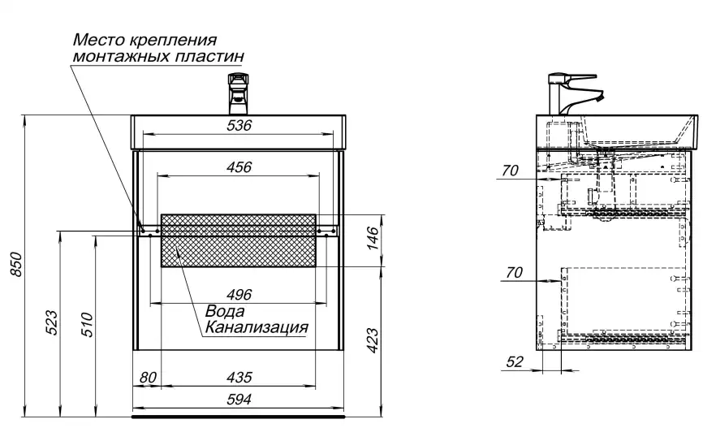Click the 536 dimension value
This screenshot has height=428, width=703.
tap(239, 125)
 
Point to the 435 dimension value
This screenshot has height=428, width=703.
tap(239, 377)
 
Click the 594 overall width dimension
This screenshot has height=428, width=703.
tap(239, 399)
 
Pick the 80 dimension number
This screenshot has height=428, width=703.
tap(148, 377)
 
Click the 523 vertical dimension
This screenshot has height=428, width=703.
tap(50, 322)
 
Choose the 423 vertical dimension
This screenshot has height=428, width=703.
tap(373, 339)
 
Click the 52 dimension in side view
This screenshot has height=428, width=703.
tap(514, 362)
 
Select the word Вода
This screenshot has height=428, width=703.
tap(225, 311)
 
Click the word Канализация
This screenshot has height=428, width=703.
tap(257, 327)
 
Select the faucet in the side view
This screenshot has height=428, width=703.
tap(573, 92)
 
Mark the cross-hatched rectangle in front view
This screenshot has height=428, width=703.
tap(239, 240)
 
